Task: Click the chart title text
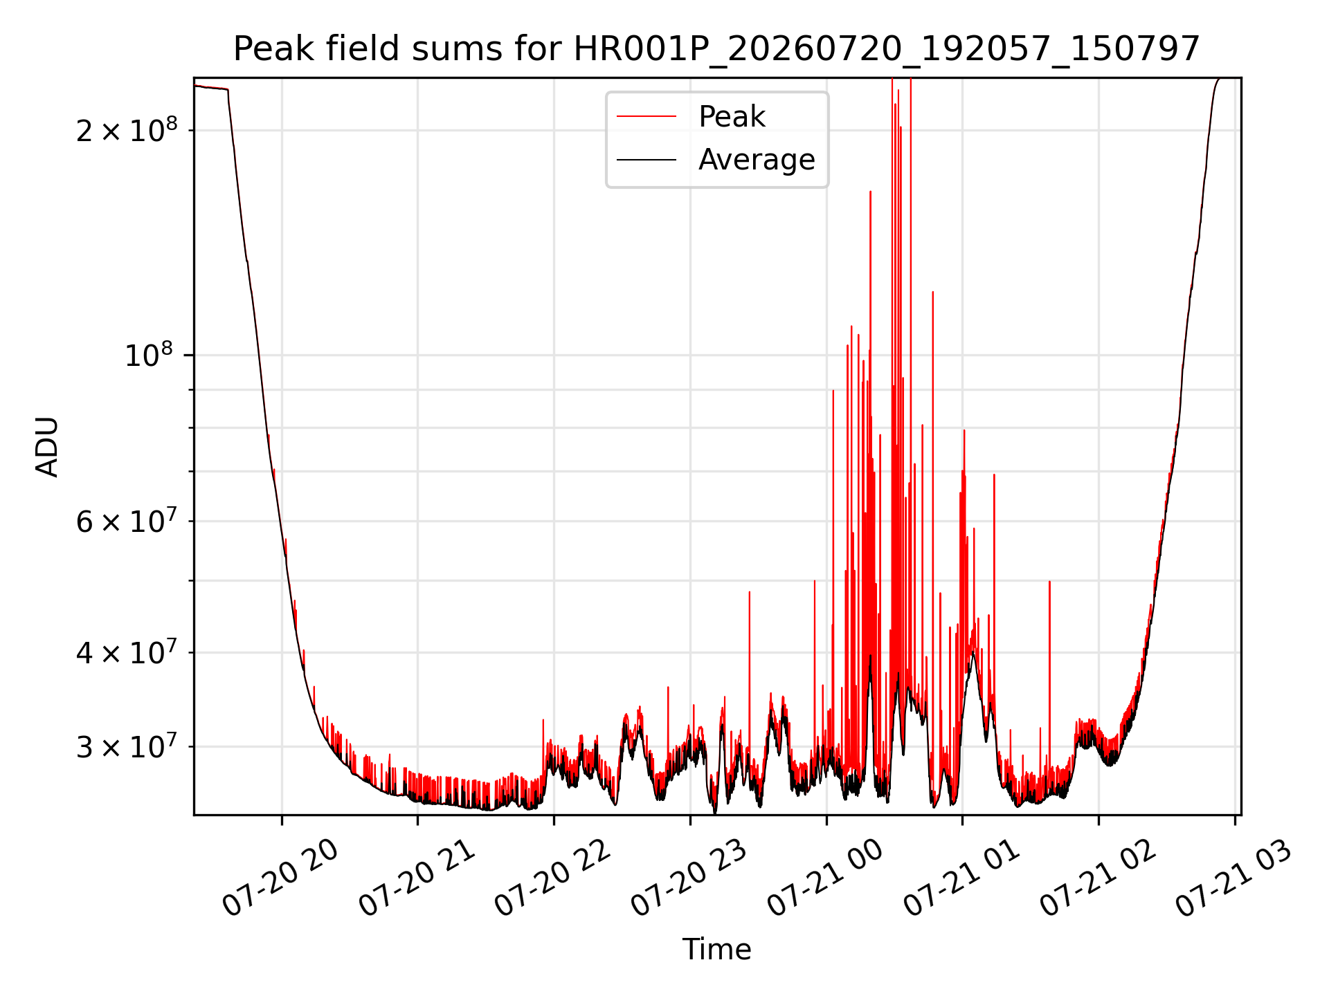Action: pos(716,49)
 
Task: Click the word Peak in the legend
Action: pos(732,116)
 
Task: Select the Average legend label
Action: pos(757,159)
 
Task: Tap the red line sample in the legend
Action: pos(647,116)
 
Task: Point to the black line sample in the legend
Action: pos(647,160)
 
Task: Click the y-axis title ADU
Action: pos(47,447)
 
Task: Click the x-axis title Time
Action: pos(716,949)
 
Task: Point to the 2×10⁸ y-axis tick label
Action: pos(127,129)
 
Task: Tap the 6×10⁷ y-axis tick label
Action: pos(127,521)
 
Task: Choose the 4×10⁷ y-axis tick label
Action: pos(127,652)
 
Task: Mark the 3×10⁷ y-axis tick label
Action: pos(127,746)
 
